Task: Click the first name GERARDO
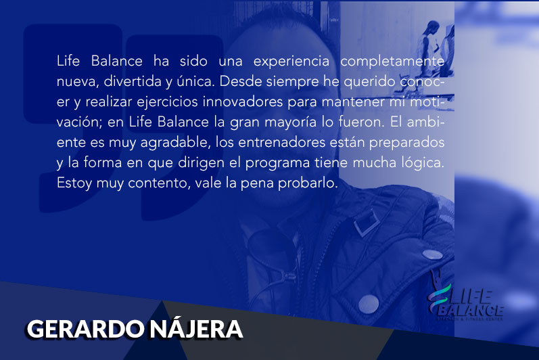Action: (85, 329)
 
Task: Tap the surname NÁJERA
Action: (196, 328)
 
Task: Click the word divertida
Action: (132, 81)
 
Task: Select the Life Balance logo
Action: (466, 302)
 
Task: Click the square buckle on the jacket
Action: (367, 223)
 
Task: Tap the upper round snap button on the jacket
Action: (432, 254)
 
